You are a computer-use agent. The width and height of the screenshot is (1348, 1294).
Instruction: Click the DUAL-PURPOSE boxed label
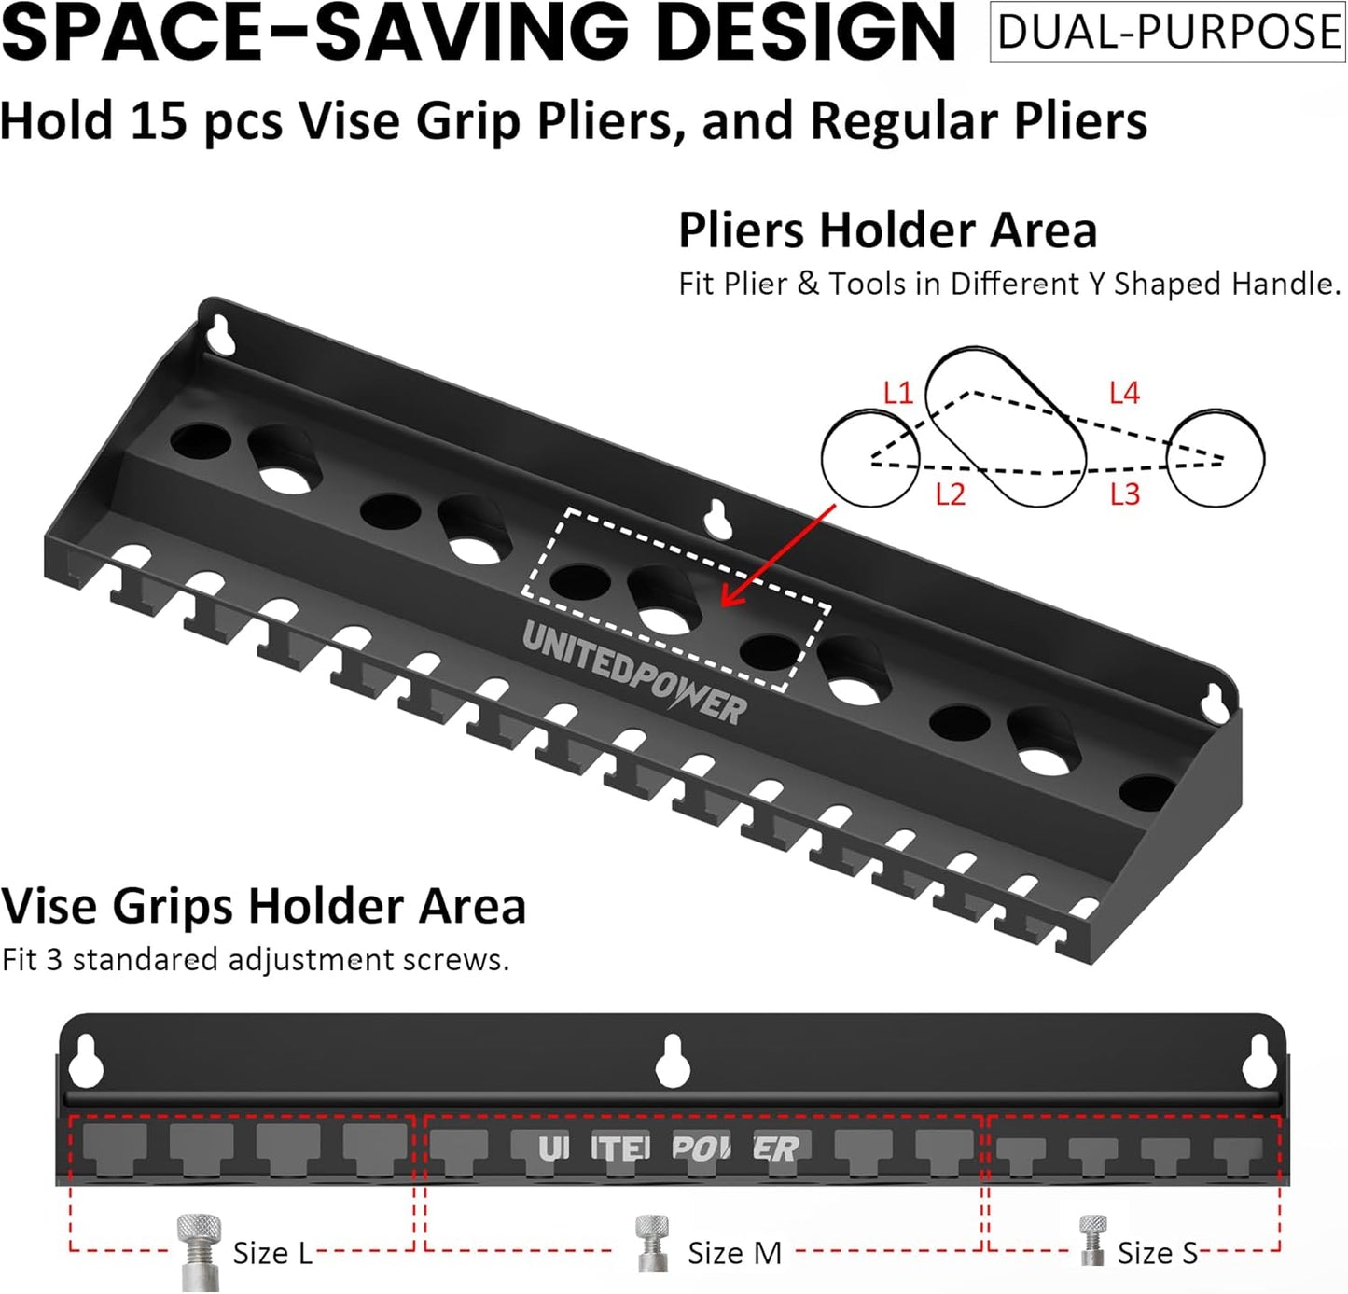pos(1167,32)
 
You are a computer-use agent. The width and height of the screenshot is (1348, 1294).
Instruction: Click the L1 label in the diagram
pos(897,393)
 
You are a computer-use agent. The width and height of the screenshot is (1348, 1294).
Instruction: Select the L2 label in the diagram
pos(950,494)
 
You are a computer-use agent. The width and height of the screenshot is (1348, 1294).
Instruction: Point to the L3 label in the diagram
pos(1125,494)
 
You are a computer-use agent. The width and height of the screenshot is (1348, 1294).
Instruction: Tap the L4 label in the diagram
pos(1124,393)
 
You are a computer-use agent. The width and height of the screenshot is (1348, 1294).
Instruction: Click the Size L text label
pos(271,1253)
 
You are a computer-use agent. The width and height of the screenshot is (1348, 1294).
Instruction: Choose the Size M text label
pos(734,1253)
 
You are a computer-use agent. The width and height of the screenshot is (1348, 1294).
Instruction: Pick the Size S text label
pos(1157,1253)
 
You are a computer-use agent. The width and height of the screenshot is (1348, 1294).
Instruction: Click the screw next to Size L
pos(200,1250)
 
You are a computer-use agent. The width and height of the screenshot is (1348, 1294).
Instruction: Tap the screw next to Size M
pos(651,1242)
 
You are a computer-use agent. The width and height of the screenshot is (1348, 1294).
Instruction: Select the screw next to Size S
pos(1092,1240)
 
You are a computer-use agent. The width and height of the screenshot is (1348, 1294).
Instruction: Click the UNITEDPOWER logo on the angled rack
pos(634,670)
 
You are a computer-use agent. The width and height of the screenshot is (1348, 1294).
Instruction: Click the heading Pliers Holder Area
pos(887,230)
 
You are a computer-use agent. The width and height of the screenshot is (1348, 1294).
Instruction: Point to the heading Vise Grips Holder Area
pos(264,906)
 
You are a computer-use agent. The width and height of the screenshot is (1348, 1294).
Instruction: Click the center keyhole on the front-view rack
pos(673,1061)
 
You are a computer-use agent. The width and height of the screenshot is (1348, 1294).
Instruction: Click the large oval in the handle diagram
pos(1006,427)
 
